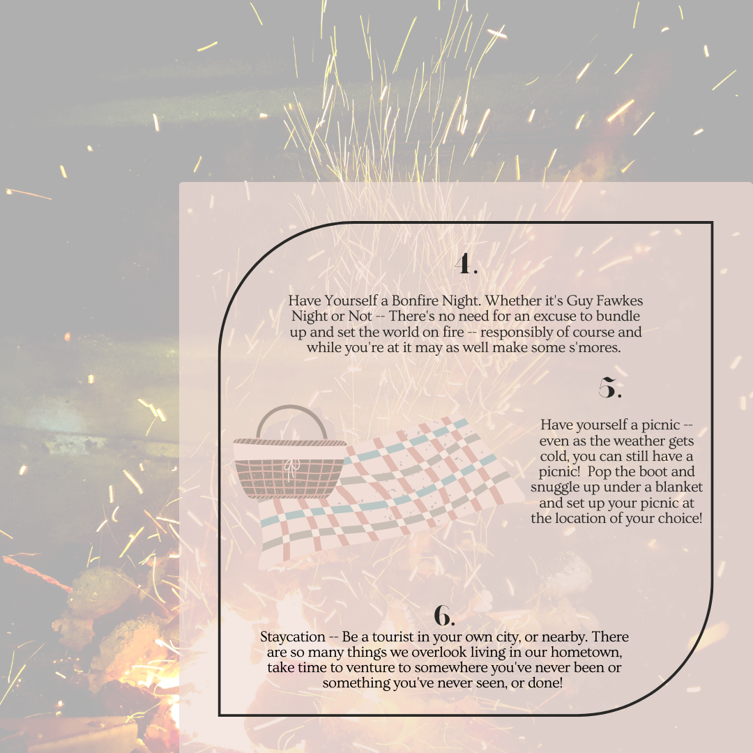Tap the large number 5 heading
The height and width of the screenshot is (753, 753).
coord(610,388)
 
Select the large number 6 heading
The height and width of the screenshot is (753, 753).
coord(444,616)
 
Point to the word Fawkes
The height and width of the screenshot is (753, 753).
coord(619,301)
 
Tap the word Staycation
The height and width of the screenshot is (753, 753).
coord(293,637)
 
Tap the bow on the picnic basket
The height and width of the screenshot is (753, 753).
coord(291,466)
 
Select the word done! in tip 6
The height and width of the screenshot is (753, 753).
coord(545,683)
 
